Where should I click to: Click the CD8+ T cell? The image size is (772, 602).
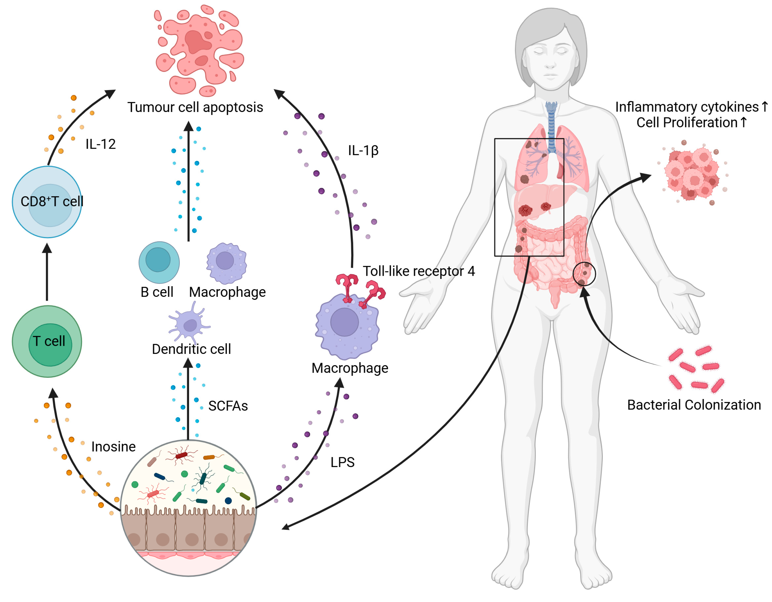(x=47, y=202)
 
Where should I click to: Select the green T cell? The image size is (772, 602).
(x=47, y=342)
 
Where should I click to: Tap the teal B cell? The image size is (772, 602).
(x=159, y=263)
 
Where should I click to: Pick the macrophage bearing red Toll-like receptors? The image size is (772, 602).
(x=347, y=326)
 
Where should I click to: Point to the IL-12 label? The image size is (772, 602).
(x=101, y=144)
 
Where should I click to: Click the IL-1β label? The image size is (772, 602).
(x=363, y=150)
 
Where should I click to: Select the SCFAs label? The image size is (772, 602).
(x=228, y=406)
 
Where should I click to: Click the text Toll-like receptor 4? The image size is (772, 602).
(x=419, y=271)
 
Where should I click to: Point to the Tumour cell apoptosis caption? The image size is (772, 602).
(x=195, y=107)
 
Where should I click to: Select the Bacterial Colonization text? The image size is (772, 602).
(x=694, y=405)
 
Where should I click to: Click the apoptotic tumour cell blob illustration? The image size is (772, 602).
(x=200, y=50)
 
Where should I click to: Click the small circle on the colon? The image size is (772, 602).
(x=584, y=274)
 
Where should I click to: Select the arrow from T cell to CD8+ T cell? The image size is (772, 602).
(x=47, y=272)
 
